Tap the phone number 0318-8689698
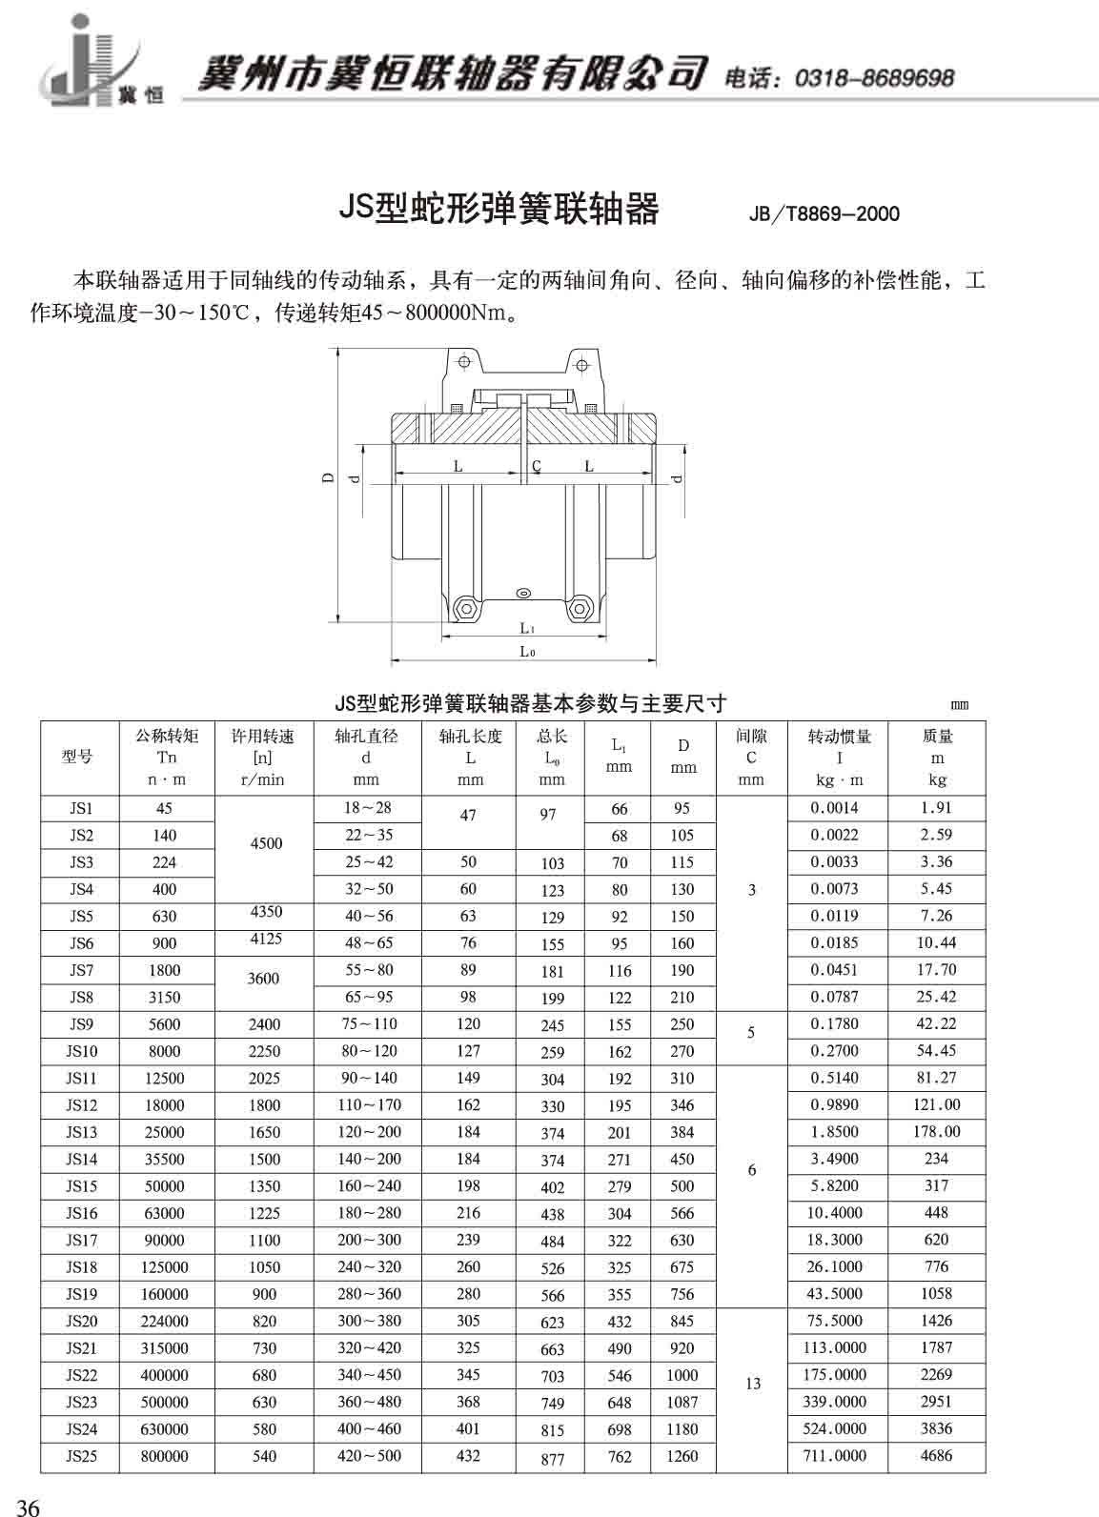[x=873, y=78]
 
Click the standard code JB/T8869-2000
[x=824, y=213]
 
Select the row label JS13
[x=81, y=1132]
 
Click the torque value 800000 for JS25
[x=164, y=1456]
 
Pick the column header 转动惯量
[x=839, y=737]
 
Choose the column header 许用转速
[x=263, y=737]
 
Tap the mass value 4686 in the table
[x=936, y=1455]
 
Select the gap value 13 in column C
[x=752, y=1384]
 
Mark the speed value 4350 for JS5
[x=265, y=912]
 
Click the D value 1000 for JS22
[x=682, y=1375]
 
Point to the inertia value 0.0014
[x=834, y=808]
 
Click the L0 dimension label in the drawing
[x=526, y=652]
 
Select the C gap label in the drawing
[x=537, y=466]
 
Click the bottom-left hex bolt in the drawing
[x=466, y=607]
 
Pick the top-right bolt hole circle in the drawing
[x=580, y=362]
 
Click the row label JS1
[x=81, y=808]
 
